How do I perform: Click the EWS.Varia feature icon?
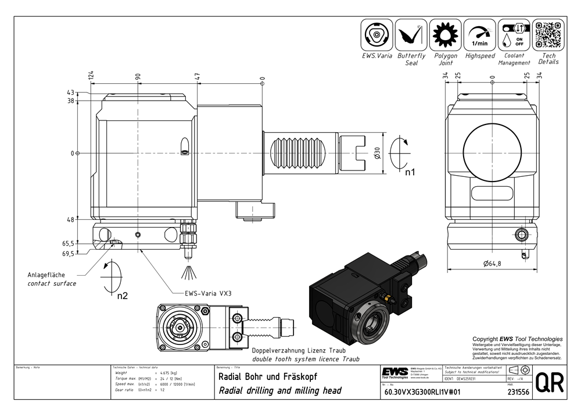pyautogui.click(x=377, y=35)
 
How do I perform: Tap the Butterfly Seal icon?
pyautogui.click(x=411, y=35)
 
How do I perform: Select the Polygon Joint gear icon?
pyautogui.click(x=446, y=35)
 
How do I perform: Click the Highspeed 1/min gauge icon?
pyautogui.click(x=480, y=35)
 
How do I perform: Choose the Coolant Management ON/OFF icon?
pyautogui.click(x=514, y=35)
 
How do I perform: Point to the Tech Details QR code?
pyautogui.click(x=548, y=35)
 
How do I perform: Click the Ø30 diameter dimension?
pyautogui.click(x=376, y=153)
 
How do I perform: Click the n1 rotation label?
pyautogui.click(x=410, y=172)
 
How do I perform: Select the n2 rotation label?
pyautogui.click(x=123, y=296)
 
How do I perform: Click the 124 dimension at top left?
pyautogui.click(x=91, y=76)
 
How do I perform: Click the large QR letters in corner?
pyautogui.click(x=548, y=384)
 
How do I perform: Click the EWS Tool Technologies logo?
pyautogui.click(x=395, y=372)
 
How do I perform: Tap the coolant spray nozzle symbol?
pyautogui.click(x=188, y=271)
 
